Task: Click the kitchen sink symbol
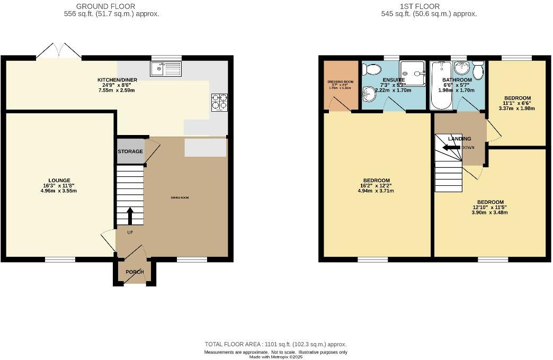pos(165,69)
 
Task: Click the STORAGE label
pos(130,151)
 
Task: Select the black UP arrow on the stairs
pos(130,215)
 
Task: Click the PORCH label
pos(135,272)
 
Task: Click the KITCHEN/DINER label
pos(118,80)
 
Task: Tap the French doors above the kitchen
pos(58,51)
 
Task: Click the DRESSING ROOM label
pos(340,82)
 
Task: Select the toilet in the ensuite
pos(373,69)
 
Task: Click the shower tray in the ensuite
pos(413,73)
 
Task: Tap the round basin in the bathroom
pos(462,68)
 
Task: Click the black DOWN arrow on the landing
pos(452,147)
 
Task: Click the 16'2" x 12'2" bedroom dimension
pos(376,186)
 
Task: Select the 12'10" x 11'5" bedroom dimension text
pos(490,208)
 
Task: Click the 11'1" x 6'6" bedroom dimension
pos(517,103)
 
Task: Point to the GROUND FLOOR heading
pos(105,6)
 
